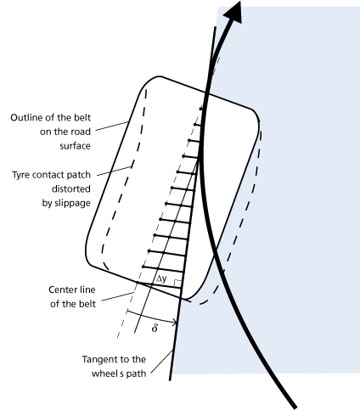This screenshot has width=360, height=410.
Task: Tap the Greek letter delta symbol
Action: click(155, 328)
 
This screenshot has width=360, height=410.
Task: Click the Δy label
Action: click(161, 279)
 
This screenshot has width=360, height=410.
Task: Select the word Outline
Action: click(24, 117)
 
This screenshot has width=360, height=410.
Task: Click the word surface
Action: click(76, 146)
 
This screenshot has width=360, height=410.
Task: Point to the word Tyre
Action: click(21, 175)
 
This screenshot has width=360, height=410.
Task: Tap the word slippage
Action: click(66, 204)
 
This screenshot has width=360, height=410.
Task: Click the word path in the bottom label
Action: click(136, 373)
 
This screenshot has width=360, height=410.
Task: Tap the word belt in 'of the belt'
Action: click(87, 304)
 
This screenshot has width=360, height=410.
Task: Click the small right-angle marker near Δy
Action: click(177, 284)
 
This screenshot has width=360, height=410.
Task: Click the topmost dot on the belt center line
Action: click(201, 109)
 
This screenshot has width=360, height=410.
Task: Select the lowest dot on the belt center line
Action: click(138, 283)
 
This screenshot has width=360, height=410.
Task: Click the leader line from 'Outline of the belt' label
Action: click(112, 126)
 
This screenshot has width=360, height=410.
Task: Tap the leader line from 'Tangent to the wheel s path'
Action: click(162, 362)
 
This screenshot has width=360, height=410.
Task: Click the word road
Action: click(82, 132)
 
